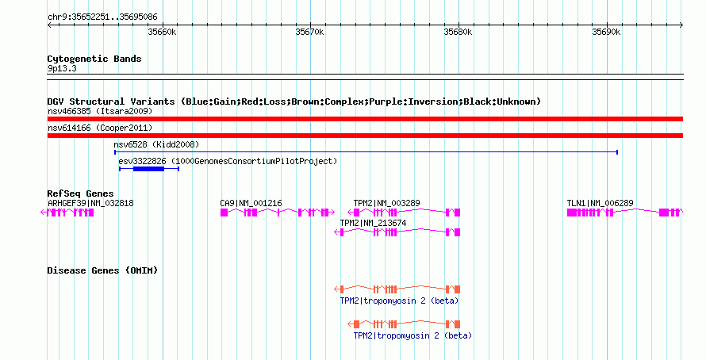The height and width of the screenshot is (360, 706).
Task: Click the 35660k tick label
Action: click(x=162, y=32)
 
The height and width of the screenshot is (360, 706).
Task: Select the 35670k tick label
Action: click(x=309, y=32)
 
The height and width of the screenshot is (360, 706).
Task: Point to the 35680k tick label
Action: click(x=458, y=32)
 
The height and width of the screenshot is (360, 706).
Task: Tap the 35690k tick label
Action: click(x=606, y=32)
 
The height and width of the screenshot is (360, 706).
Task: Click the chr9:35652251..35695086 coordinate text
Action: click(x=102, y=17)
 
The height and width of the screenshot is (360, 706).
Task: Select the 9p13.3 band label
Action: click(x=62, y=69)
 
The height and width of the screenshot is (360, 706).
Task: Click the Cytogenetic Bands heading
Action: click(x=94, y=59)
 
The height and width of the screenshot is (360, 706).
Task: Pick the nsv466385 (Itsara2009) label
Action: click(x=100, y=111)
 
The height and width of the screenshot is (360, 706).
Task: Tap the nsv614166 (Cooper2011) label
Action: click(x=100, y=128)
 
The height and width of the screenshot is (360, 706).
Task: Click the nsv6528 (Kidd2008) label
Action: click(x=156, y=144)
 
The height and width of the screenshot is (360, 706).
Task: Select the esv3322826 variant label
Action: click(x=228, y=161)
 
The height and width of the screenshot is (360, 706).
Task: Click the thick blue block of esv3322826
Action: click(x=148, y=169)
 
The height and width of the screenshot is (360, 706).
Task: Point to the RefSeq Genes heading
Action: click(x=81, y=194)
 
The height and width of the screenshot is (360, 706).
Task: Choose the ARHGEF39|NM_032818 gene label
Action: click(x=90, y=204)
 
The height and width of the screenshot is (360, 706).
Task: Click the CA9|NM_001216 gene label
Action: click(x=251, y=204)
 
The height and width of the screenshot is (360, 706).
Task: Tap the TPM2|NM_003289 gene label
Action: click(x=387, y=204)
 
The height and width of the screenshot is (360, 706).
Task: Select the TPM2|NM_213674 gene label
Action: click(x=374, y=223)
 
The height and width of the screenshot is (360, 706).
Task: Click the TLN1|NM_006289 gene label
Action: click(x=600, y=204)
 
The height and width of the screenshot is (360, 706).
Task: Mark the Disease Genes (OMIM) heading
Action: click(x=102, y=270)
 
